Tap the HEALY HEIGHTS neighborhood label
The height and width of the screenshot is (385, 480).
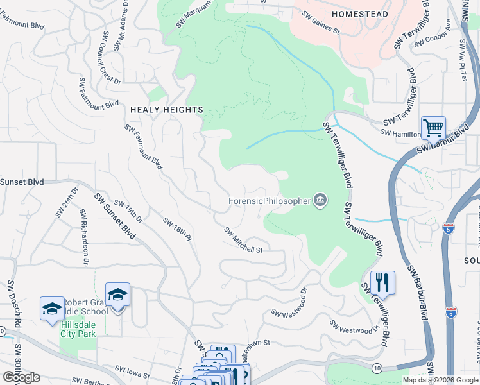(166, 110)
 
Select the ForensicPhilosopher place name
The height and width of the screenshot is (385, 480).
(269, 201)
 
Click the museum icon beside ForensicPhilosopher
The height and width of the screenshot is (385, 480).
(320, 201)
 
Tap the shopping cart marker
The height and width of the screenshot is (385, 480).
(433, 128)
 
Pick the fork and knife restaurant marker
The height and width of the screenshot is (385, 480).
(382, 282)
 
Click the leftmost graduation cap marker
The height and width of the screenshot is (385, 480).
(52, 308)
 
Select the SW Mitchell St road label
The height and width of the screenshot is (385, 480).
(244, 240)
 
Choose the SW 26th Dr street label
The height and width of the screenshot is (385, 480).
(66, 201)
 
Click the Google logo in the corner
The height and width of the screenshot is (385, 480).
(21, 377)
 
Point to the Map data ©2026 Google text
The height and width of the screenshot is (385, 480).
(440, 380)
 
